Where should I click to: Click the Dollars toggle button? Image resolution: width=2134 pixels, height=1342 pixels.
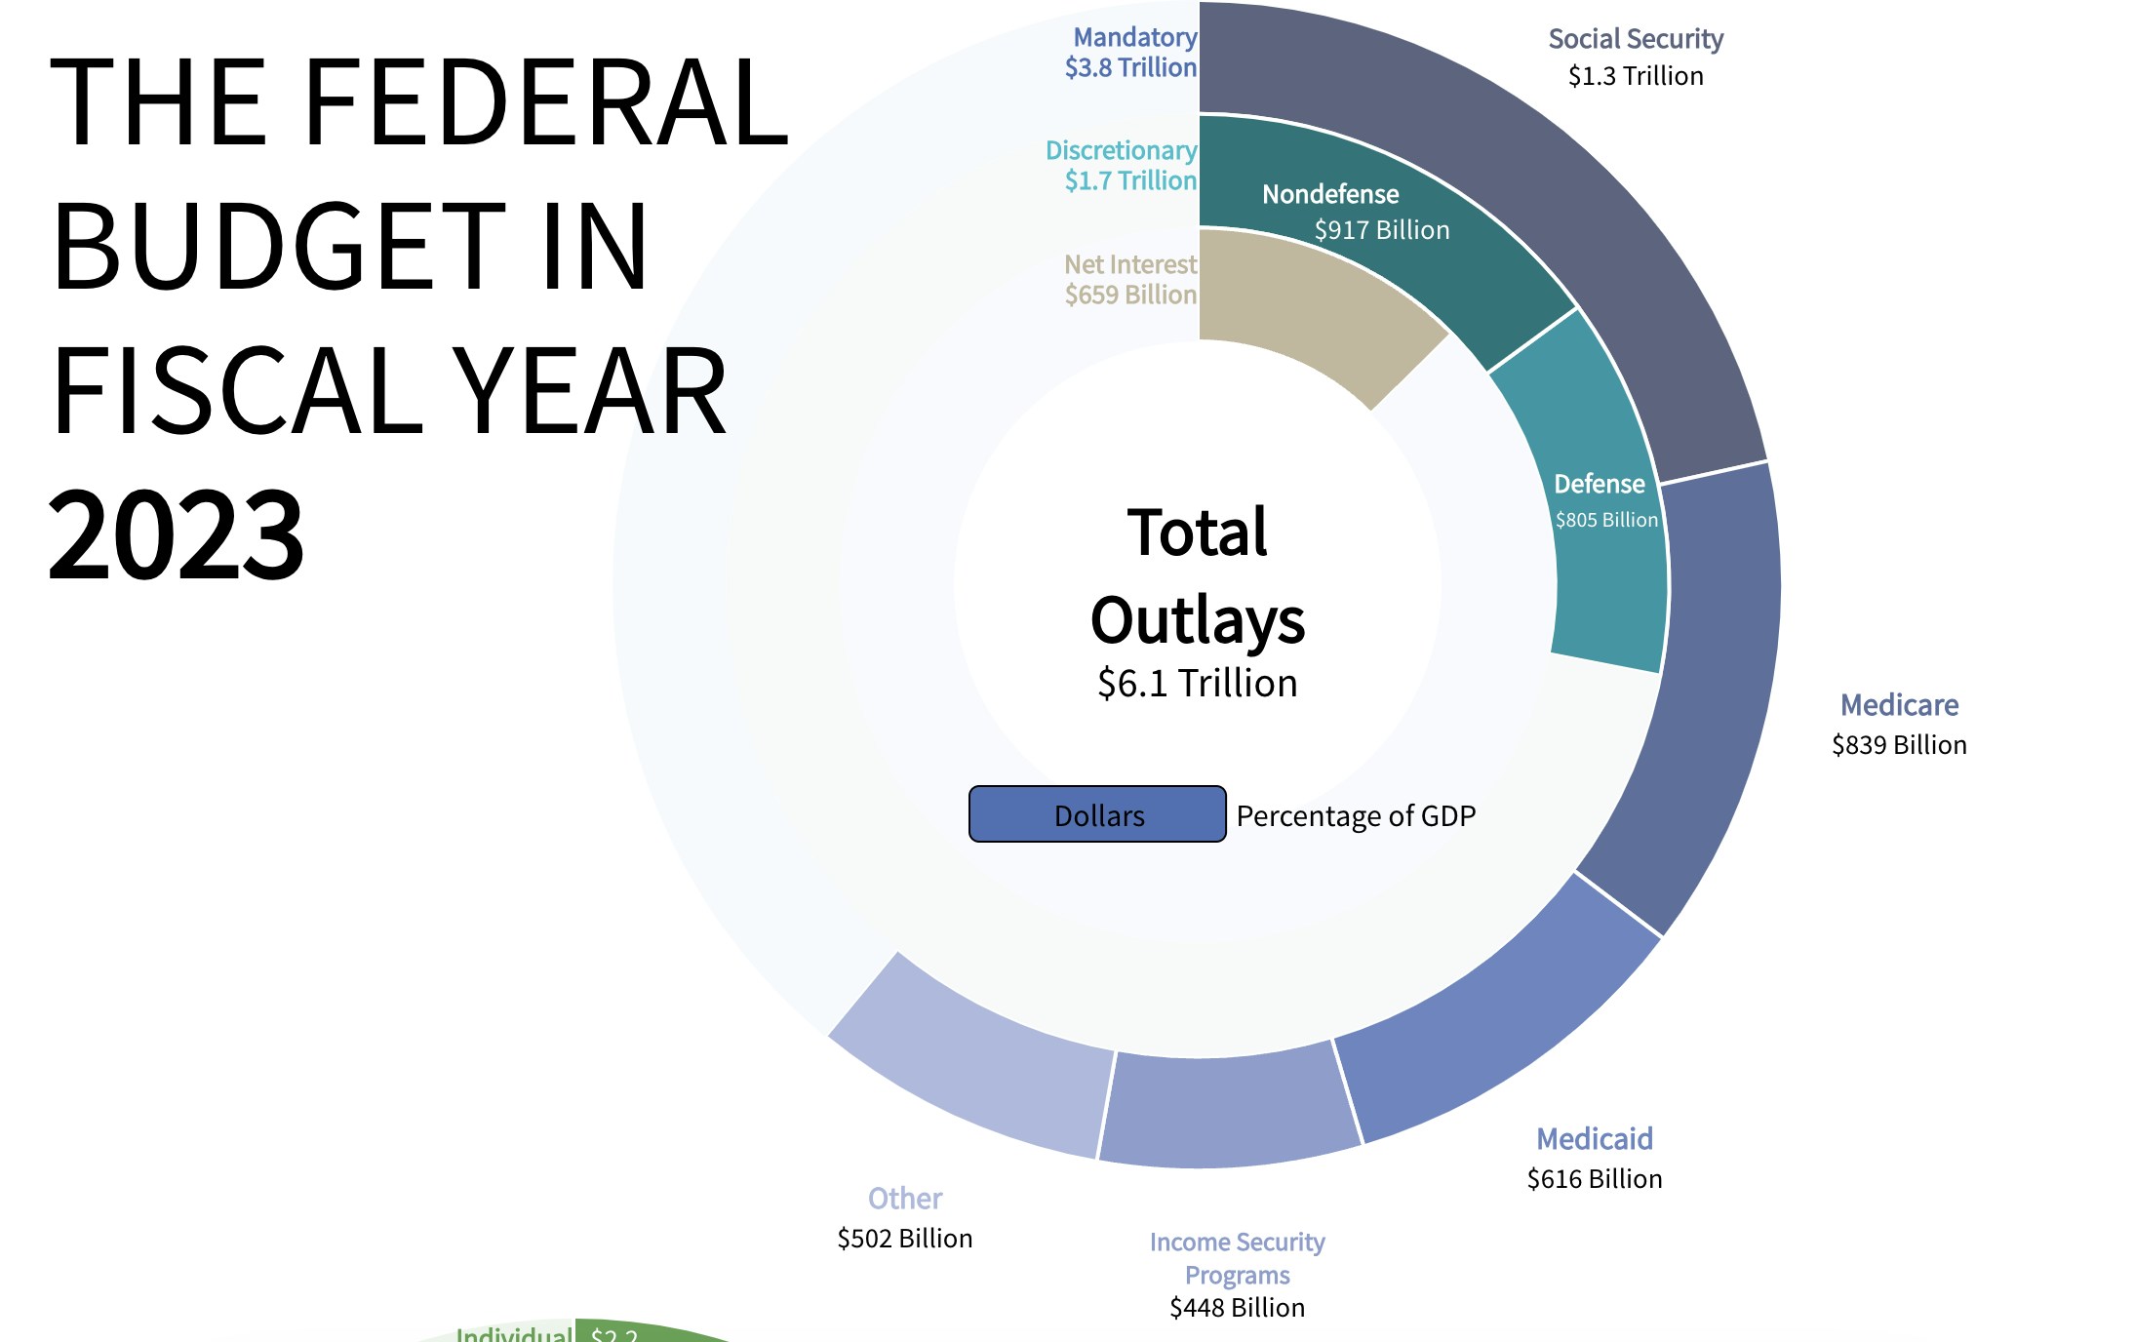point(1097,814)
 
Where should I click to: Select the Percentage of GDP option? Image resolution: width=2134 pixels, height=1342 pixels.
point(1356,815)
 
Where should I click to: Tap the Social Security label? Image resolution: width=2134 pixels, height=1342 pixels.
point(1636,39)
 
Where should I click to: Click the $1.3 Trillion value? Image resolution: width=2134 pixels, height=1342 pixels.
point(1636,76)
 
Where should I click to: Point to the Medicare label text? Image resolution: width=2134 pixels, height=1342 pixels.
point(1899,705)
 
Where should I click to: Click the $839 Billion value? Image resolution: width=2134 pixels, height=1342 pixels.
point(1899,745)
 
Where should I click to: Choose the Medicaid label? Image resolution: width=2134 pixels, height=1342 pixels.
point(1595,1139)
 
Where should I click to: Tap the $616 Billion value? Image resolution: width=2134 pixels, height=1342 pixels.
point(1595,1179)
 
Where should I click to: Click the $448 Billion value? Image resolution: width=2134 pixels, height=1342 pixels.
point(1237,1308)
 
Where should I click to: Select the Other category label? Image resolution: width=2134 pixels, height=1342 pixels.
point(905,1199)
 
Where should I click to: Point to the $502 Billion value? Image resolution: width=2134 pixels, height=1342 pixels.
point(905,1239)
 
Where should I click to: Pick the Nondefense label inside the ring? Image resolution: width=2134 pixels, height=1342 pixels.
point(1330,194)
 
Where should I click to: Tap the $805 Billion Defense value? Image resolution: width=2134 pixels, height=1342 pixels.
point(1606,520)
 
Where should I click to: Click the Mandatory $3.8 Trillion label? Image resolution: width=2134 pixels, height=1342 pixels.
point(1131,53)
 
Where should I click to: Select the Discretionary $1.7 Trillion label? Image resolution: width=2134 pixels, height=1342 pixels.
point(1122,166)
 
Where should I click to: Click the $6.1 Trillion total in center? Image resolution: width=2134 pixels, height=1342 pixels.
point(1198,684)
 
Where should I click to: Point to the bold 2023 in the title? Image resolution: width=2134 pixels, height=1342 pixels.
point(177,534)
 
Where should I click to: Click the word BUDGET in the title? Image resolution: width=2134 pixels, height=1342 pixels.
point(279,246)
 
